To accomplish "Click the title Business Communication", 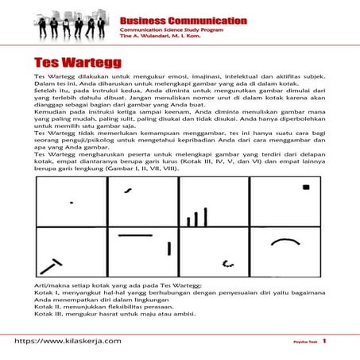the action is click(182, 20).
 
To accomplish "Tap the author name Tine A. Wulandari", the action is click(154, 38).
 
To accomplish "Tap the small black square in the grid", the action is click(305, 188).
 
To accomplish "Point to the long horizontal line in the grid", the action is click(135, 236).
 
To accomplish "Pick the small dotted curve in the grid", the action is click(228, 261).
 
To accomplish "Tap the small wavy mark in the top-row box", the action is click(126, 191).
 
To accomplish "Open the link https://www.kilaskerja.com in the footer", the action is click(67, 340).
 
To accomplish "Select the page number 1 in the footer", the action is click(324, 340).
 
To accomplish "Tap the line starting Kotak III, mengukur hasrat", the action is click(118, 312).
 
